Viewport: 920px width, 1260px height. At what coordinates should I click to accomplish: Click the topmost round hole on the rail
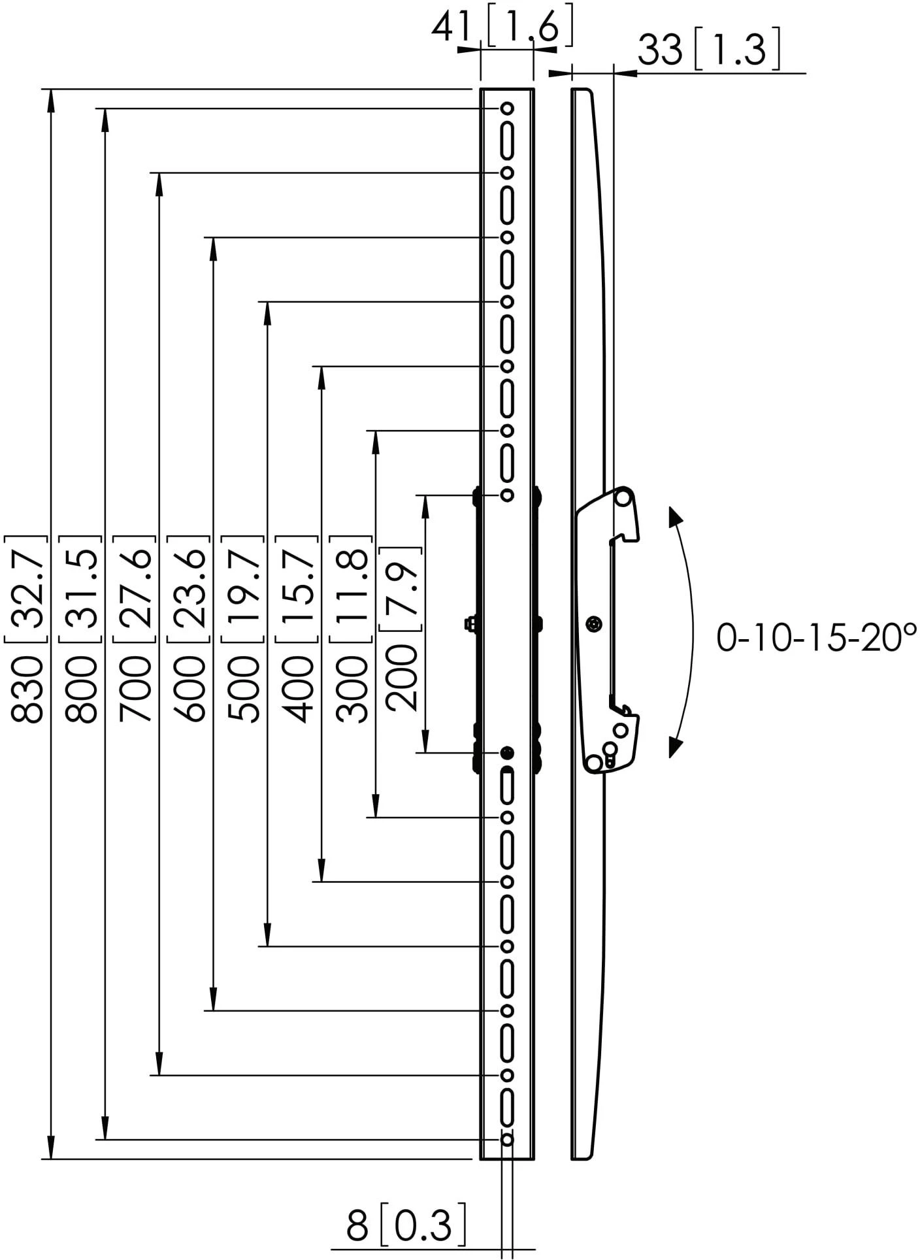(507, 108)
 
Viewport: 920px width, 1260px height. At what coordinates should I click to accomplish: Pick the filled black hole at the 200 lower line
(508, 753)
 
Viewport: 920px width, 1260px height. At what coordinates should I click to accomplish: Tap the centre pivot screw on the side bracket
(593, 625)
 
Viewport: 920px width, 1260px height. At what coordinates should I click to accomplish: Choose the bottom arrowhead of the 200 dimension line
(426, 741)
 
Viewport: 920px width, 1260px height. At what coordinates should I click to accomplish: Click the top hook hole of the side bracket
(623, 498)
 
